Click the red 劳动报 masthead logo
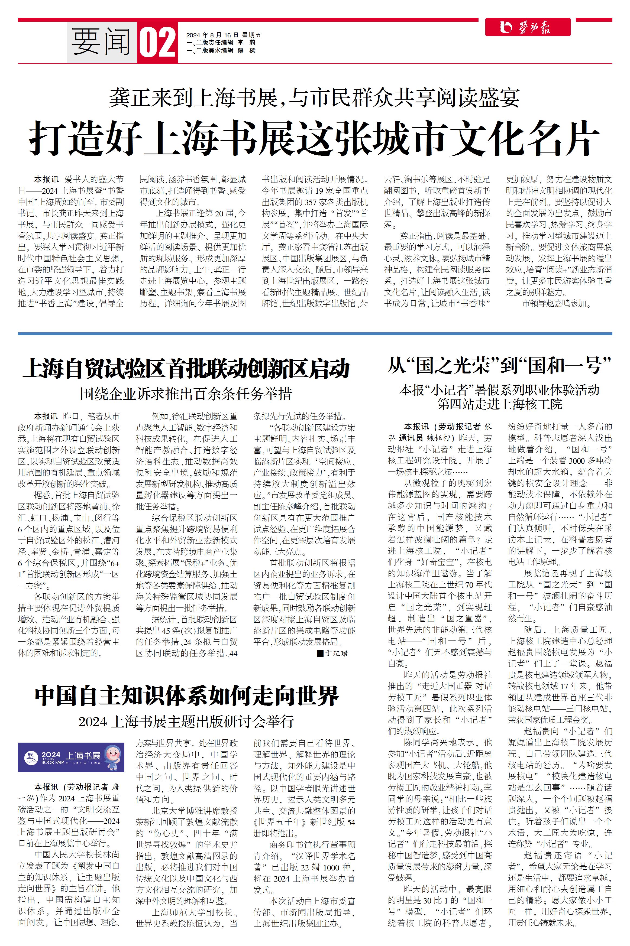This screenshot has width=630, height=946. coord(528,27)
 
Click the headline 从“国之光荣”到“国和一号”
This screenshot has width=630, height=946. coord(499,365)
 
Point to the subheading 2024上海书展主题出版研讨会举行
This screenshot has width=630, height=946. coord(186,721)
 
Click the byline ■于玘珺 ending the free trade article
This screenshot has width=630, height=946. coord(332,653)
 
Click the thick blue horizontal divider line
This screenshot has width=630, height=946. coord(315,334)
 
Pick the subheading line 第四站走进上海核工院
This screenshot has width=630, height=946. coord(499,404)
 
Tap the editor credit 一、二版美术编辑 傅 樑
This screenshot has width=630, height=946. coord(221,51)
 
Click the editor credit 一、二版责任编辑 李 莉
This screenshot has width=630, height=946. coord(221,43)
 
